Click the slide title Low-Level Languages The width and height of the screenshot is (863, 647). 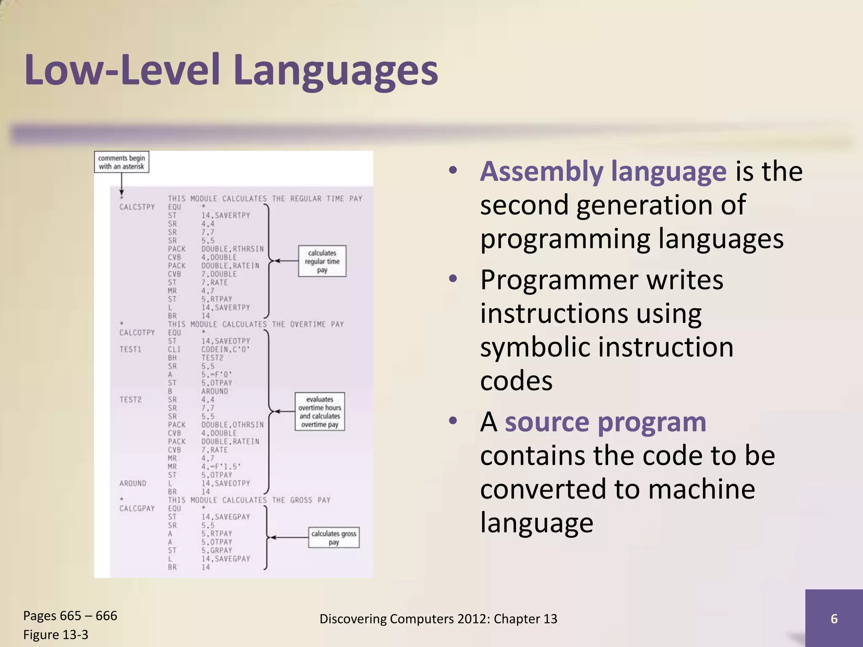pyautogui.click(x=231, y=70)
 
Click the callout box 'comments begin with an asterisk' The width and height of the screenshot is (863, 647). pyautogui.click(x=121, y=162)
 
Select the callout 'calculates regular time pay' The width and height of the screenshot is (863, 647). pyautogui.click(x=322, y=261)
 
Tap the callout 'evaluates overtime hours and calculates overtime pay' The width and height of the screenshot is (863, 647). pyautogui.click(x=319, y=412)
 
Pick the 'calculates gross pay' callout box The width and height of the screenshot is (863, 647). pyautogui.click(x=334, y=537)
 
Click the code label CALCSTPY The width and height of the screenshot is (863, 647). pyautogui.click(x=137, y=207)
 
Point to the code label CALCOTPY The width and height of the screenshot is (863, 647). pyautogui.click(x=137, y=332)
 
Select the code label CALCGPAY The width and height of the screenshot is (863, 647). pyautogui.click(x=137, y=508)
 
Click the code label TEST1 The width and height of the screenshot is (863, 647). pyautogui.click(x=130, y=349)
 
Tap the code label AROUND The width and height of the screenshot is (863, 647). pyautogui.click(x=133, y=483)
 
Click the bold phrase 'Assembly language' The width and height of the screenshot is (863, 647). pyautogui.click(x=603, y=171)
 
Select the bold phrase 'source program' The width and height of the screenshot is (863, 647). pyautogui.click(x=605, y=422)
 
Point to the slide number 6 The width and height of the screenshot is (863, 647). pyautogui.click(x=834, y=618)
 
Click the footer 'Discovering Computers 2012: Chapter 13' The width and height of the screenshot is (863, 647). pyautogui.click(x=438, y=618)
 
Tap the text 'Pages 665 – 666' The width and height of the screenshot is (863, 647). pyautogui.click(x=70, y=615)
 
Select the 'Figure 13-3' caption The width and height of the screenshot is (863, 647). pyautogui.click(x=56, y=634)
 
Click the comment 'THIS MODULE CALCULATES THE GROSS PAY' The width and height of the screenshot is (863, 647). pyautogui.click(x=249, y=500)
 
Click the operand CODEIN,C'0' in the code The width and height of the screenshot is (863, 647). pyautogui.click(x=225, y=349)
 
